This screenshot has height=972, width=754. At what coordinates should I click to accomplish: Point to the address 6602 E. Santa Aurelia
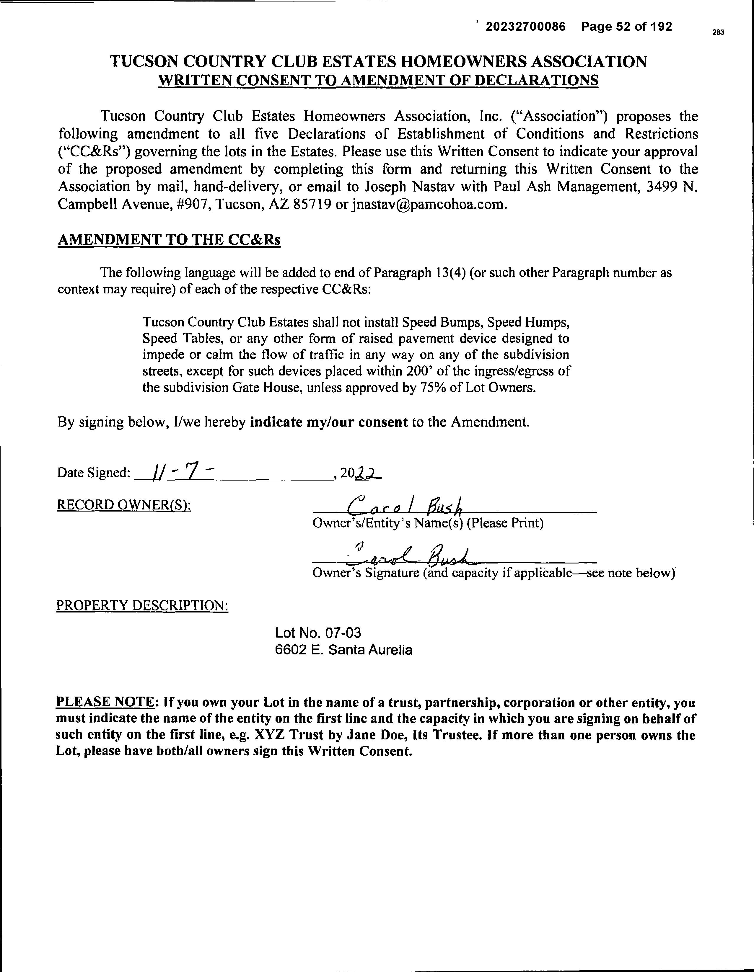(343, 650)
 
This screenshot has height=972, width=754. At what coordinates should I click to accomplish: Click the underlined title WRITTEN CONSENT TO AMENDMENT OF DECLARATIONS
(379, 81)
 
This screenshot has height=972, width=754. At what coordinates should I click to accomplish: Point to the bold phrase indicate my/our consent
(329, 422)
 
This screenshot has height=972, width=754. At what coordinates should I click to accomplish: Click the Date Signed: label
(93, 473)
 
